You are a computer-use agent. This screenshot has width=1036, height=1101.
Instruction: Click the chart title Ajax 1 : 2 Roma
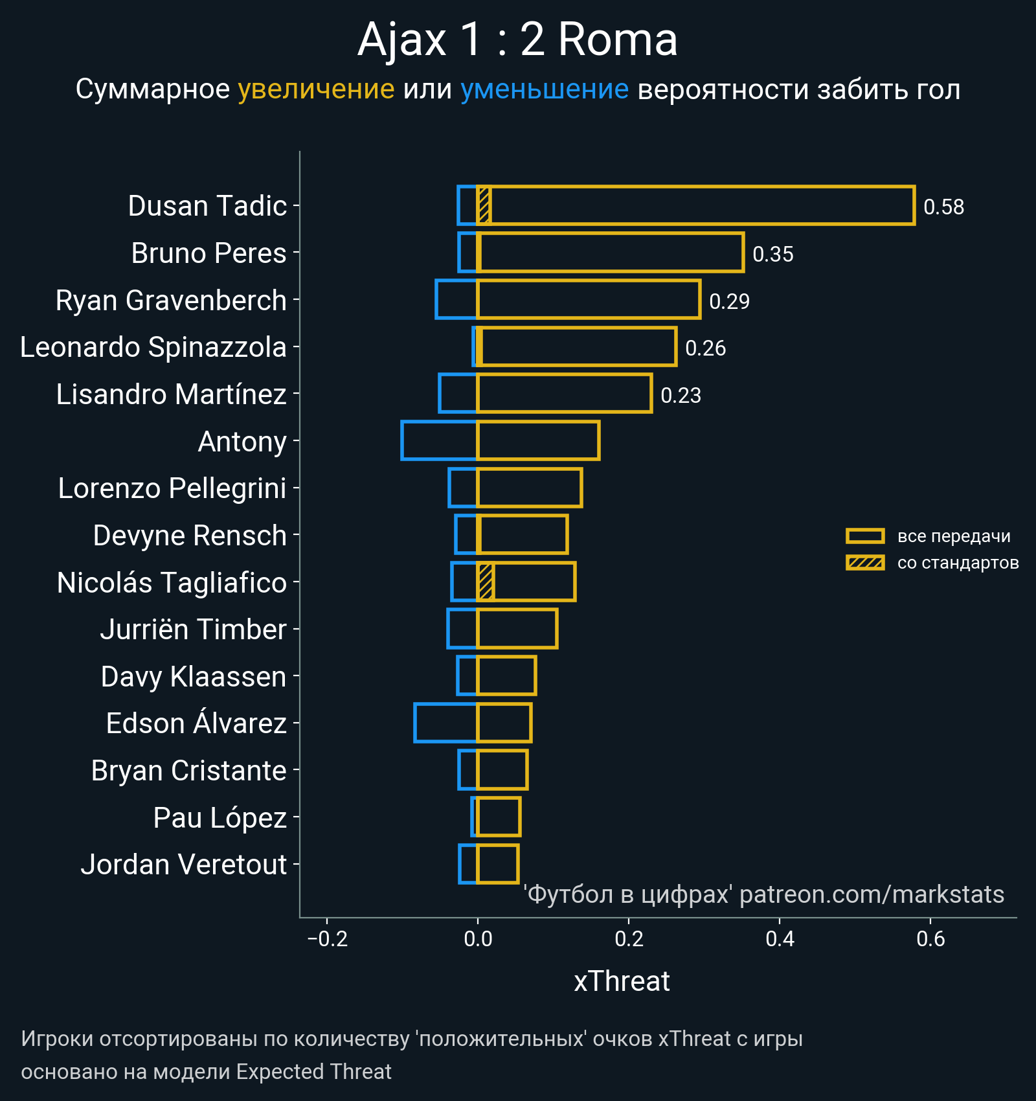pyautogui.click(x=517, y=40)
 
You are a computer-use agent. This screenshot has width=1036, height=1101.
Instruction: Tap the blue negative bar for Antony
pyautogui.click(x=439, y=440)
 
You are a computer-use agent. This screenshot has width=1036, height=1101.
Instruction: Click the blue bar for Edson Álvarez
pyautogui.click(x=445, y=723)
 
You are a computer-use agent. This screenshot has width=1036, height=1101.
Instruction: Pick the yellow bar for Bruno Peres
pyautogui.click(x=610, y=253)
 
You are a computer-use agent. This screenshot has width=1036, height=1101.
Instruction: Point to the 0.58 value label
pyautogui.click(x=943, y=207)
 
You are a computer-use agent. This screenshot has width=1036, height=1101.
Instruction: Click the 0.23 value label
pyautogui.click(x=681, y=395)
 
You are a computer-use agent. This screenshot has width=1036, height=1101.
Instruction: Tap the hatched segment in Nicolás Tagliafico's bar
pyautogui.click(x=486, y=582)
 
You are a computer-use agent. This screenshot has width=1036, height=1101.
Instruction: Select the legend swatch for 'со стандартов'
pyautogui.click(x=865, y=562)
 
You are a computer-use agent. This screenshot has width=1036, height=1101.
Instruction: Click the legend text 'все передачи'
pyautogui.click(x=954, y=536)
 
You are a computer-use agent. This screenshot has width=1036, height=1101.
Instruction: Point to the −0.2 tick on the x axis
pyautogui.click(x=327, y=938)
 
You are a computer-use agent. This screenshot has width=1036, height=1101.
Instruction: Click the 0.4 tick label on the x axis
pyautogui.click(x=780, y=938)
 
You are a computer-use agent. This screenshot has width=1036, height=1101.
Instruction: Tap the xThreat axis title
pyautogui.click(x=622, y=981)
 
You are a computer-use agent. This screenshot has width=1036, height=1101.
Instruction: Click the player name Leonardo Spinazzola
pyautogui.click(x=153, y=347)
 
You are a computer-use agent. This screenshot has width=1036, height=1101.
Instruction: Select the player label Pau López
pyautogui.click(x=220, y=818)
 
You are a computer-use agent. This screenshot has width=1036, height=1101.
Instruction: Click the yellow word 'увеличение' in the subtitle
pyautogui.click(x=316, y=89)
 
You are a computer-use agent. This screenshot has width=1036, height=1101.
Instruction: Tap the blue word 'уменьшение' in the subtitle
pyautogui.click(x=544, y=89)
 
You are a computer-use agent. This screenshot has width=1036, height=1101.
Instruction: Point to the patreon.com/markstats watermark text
pyautogui.click(x=872, y=894)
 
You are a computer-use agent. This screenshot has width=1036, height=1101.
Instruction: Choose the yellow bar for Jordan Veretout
pyautogui.click(x=498, y=864)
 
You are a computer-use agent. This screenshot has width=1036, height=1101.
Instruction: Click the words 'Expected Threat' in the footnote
pyautogui.click(x=313, y=1072)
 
